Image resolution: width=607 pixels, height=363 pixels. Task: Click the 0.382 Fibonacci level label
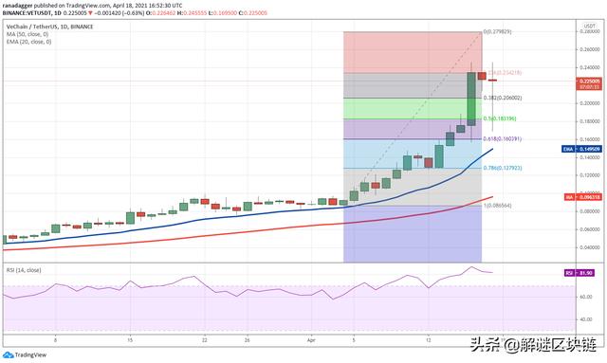503,98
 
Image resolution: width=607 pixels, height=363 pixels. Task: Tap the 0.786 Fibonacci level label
503,169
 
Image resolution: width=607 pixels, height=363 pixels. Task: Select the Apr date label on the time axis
311,337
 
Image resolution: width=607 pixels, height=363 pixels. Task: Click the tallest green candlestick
471,98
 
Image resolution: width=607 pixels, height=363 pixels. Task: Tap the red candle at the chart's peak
482,75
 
